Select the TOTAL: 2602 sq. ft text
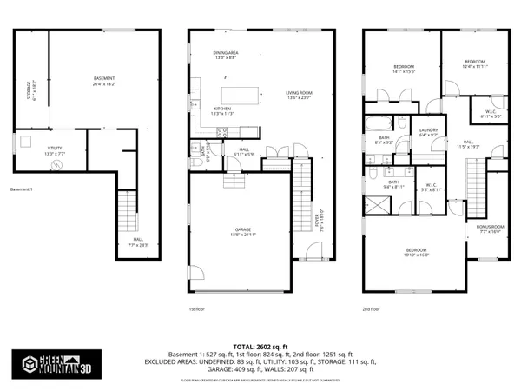(x=260, y=345)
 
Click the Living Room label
(x=299, y=95)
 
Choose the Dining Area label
(x=226, y=55)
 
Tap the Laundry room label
(x=429, y=133)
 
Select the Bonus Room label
(x=490, y=229)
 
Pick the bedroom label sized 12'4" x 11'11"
(x=473, y=64)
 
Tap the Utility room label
(x=54, y=150)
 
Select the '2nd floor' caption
(x=373, y=308)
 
